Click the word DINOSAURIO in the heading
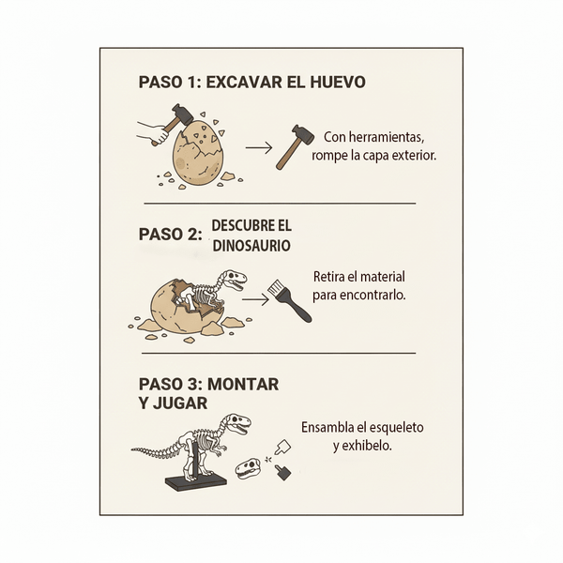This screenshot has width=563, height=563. pyautogui.click(x=251, y=246)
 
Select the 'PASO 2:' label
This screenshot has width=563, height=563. pyautogui.click(x=171, y=235)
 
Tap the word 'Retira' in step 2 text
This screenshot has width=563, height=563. pyautogui.click(x=331, y=278)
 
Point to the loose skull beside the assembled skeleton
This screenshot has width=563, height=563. pyautogui.click(x=248, y=468)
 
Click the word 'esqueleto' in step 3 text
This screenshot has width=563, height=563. pyautogui.click(x=391, y=427)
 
